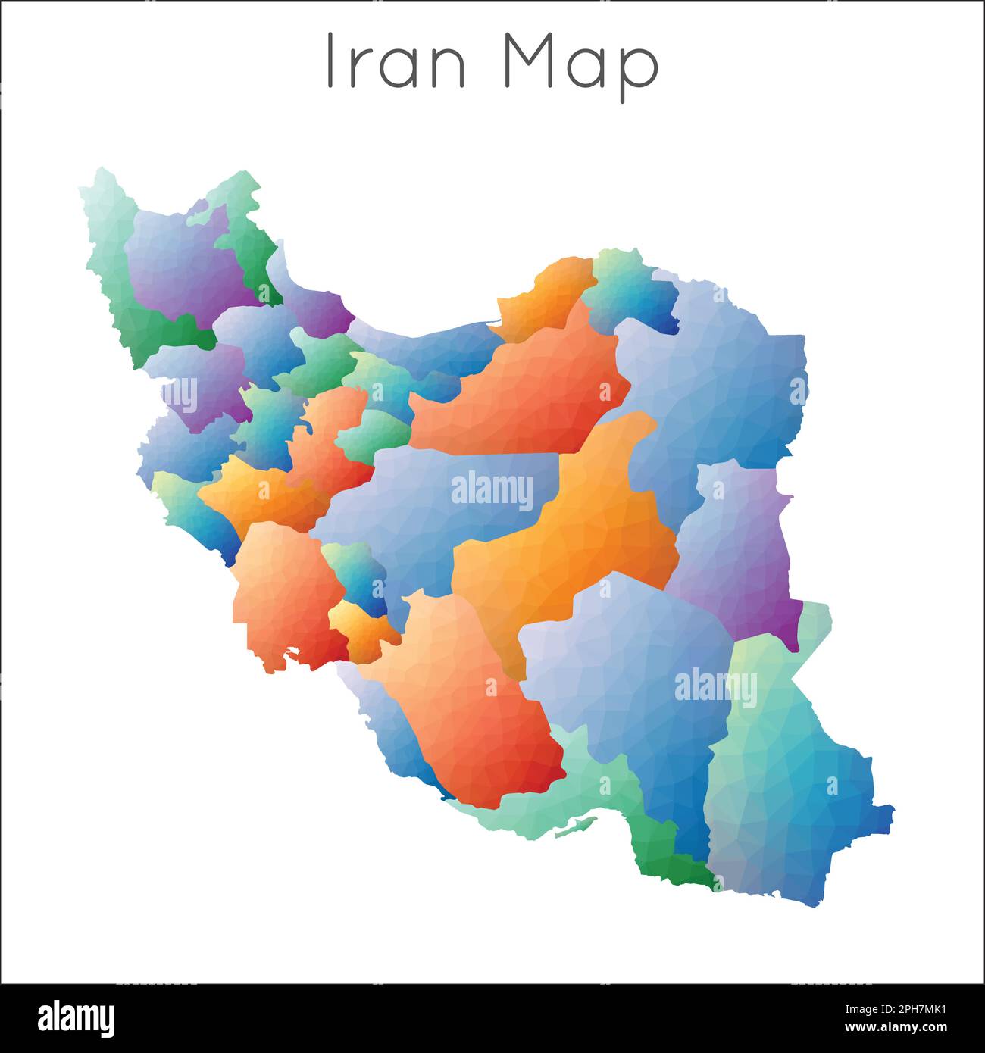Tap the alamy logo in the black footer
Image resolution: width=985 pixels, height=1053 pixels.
pos(77,1017)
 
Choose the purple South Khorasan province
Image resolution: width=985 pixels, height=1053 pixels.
pos(739,545)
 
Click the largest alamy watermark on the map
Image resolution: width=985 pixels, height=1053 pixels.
pos(492,491)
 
